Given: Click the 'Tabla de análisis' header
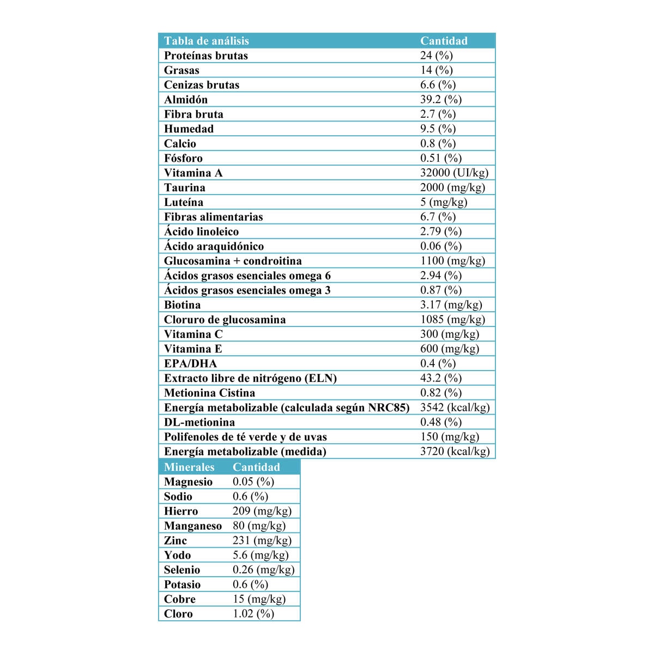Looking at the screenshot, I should point(206,41).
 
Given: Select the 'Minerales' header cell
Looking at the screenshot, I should point(189,467).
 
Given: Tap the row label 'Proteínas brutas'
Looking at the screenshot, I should point(205,56).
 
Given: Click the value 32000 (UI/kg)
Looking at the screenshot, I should point(454,173).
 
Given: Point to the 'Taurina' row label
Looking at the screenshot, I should point(184,187).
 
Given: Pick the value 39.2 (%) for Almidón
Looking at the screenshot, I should point(440,99).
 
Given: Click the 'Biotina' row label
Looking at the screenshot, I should point(182,305).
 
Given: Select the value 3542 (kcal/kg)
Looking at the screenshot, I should point(455,407).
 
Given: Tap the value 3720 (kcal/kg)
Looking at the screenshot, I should point(455,451).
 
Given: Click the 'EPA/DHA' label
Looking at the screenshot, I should point(190,364).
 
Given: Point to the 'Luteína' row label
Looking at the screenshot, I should point(183,202).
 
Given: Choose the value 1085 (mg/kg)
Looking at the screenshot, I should point(452,319).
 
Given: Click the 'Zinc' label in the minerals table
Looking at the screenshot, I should point(175,541).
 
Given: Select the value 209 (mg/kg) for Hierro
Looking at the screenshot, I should point(262,511).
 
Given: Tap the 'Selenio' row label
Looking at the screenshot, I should point(181,570).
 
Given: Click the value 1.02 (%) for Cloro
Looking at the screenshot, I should point(253,614).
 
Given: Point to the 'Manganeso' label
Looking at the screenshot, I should point(192,526).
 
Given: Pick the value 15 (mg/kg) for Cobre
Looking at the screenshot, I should point(259,599).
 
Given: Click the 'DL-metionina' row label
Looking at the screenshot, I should point(199,422).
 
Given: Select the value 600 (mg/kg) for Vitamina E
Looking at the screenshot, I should point(450,349).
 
